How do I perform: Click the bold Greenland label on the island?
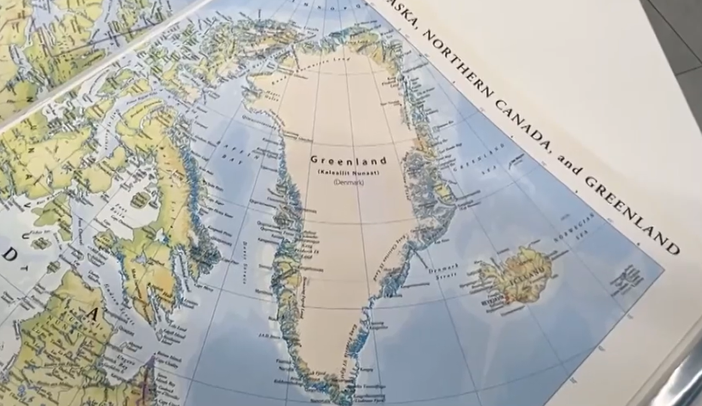point(349,161)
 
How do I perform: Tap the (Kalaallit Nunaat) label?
point(349,173)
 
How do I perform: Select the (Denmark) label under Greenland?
point(349,182)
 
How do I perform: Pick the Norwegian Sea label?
point(574,229)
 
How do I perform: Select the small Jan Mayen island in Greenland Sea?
point(515,159)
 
